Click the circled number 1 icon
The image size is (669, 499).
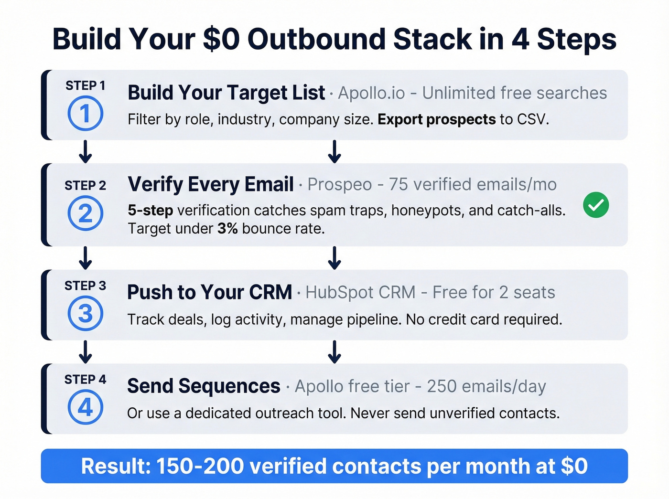(85, 114)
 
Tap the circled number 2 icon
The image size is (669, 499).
(85, 213)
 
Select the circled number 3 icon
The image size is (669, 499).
(85, 314)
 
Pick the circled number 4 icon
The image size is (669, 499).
(85, 407)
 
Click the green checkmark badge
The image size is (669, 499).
(596, 205)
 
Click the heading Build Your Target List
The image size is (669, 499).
(226, 93)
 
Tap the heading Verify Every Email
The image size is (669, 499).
(211, 184)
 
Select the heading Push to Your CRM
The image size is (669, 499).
(209, 292)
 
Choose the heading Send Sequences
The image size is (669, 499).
(204, 386)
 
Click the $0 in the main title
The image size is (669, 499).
(221, 39)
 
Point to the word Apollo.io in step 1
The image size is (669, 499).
(371, 93)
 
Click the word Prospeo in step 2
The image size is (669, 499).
(339, 185)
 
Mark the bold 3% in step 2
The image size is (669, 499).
(227, 229)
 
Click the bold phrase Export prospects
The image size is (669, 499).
(436, 119)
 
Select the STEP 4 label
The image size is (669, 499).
(85, 380)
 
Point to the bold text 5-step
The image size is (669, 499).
(150, 211)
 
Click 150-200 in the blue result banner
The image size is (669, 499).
(200, 467)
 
